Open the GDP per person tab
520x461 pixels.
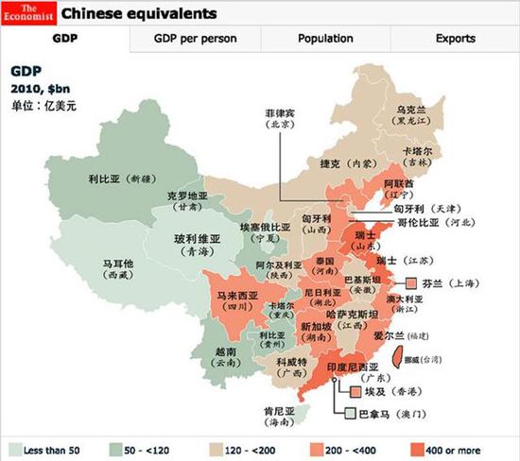(x=195, y=39)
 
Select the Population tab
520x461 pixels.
(x=325, y=39)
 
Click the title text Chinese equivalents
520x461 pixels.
(x=139, y=14)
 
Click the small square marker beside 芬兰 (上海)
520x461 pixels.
(x=411, y=282)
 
